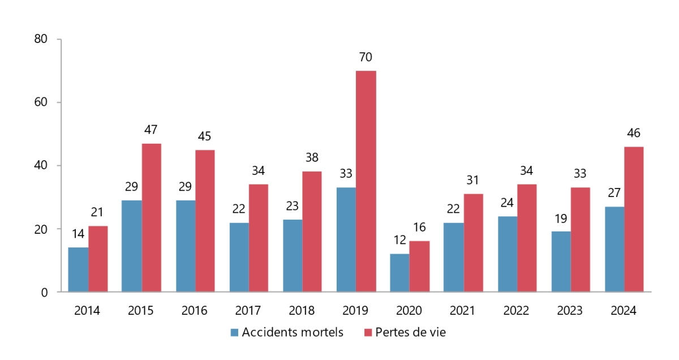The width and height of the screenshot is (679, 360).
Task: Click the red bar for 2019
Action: click(x=366, y=181)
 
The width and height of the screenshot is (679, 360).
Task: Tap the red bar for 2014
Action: click(x=98, y=259)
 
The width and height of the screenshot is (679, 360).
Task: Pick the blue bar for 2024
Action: click(x=614, y=249)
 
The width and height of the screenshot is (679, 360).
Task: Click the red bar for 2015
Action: click(x=152, y=218)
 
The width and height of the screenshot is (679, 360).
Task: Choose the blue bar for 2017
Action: click(x=239, y=257)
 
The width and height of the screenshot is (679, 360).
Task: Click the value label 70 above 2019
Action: click(x=366, y=57)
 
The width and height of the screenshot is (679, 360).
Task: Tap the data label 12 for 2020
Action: click(x=400, y=241)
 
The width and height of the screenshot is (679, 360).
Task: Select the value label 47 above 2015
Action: click(x=151, y=130)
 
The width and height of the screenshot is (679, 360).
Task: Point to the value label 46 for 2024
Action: click(x=634, y=134)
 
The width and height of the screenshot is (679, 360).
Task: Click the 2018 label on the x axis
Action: click(x=302, y=311)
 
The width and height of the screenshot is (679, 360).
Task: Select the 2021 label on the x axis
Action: click(x=462, y=311)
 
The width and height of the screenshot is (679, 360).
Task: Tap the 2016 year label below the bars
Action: click(x=195, y=311)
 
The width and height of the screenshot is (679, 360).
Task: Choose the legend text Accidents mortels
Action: click(x=293, y=333)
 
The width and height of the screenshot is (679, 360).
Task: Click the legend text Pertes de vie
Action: click(x=410, y=333)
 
